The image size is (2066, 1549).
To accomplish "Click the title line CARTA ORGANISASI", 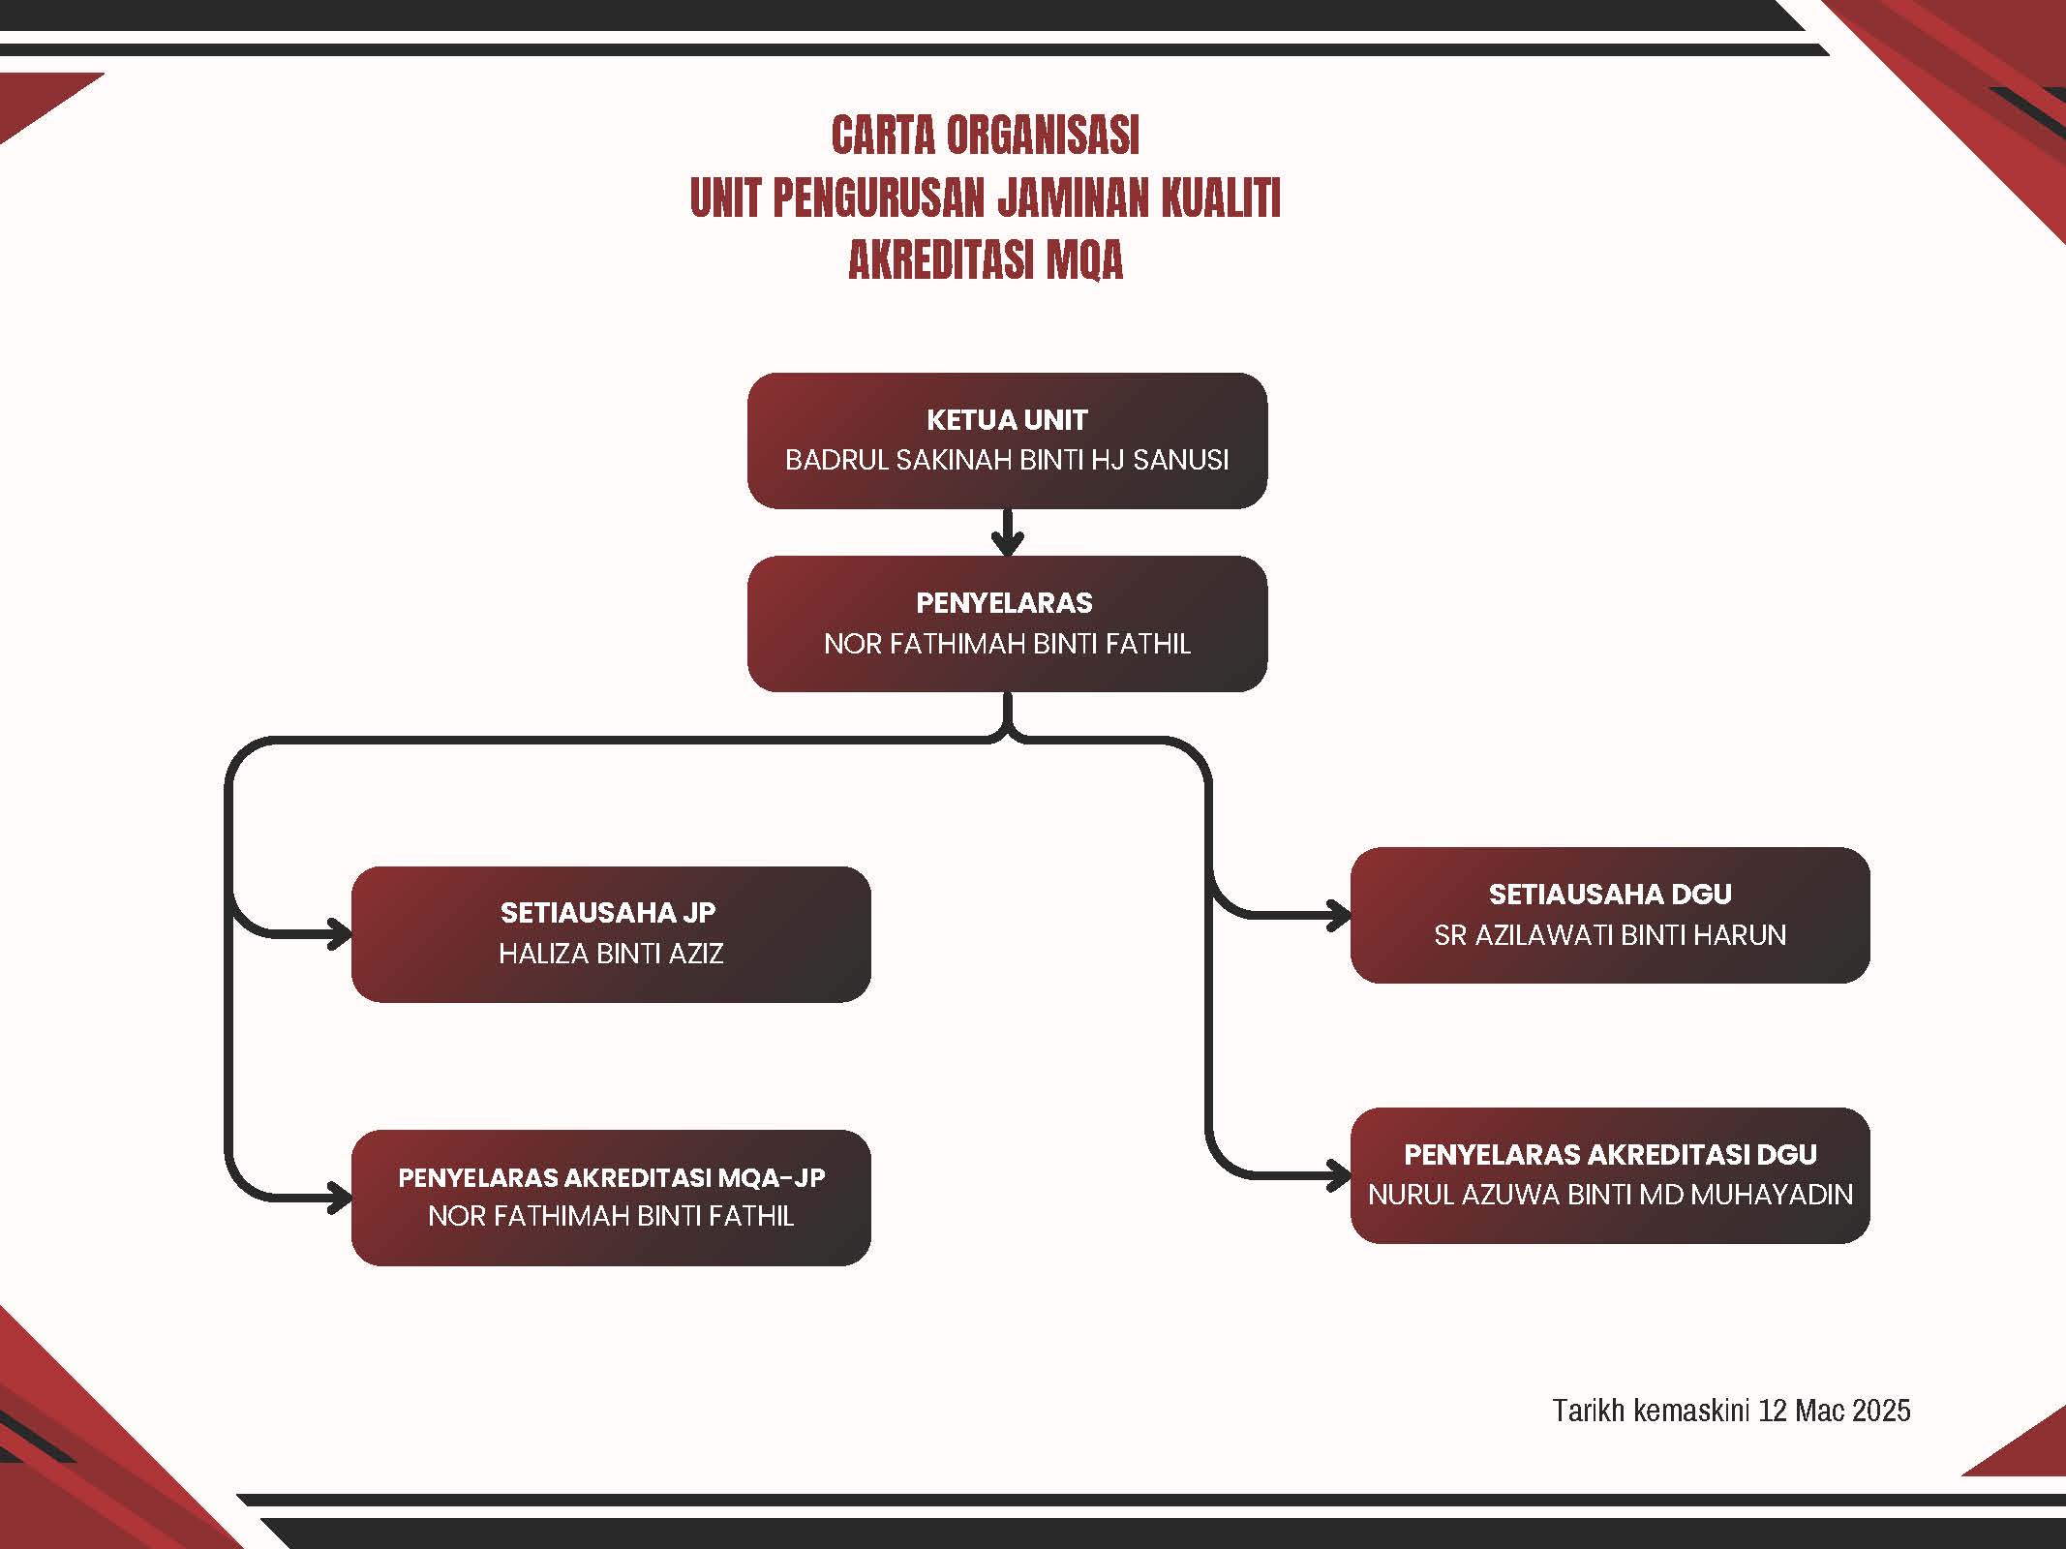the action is click(986, 136).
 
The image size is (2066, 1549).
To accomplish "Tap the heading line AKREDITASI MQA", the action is click(986, 260).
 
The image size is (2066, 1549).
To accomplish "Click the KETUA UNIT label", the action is click(1007, 420).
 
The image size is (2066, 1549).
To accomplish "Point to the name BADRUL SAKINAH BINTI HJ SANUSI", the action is click(1007, 460).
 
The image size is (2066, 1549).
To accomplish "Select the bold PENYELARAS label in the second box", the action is click(1004, 603).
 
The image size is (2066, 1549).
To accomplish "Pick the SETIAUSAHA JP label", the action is click(608, 913).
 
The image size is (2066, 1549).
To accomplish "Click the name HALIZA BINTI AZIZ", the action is click(611, 954).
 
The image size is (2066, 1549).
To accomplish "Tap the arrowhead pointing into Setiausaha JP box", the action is click(340, 934).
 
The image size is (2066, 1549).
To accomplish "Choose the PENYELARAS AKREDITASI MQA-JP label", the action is click(612, 1177).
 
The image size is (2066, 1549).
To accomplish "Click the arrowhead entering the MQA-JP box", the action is click(340, 1198).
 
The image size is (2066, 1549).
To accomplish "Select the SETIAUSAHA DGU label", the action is click(1610, 895).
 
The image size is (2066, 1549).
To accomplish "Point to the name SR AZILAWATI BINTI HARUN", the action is click(1610, 935).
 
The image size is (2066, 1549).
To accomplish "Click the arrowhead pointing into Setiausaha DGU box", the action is click(1339, 915).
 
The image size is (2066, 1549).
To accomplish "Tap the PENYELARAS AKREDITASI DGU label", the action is click(1610, 1154).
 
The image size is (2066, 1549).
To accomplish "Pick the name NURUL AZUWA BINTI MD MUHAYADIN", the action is click(1610, 1195).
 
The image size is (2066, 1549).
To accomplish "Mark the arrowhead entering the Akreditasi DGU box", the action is click(1339, 1175).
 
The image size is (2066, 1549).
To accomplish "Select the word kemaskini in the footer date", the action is click(1690, 1411).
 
